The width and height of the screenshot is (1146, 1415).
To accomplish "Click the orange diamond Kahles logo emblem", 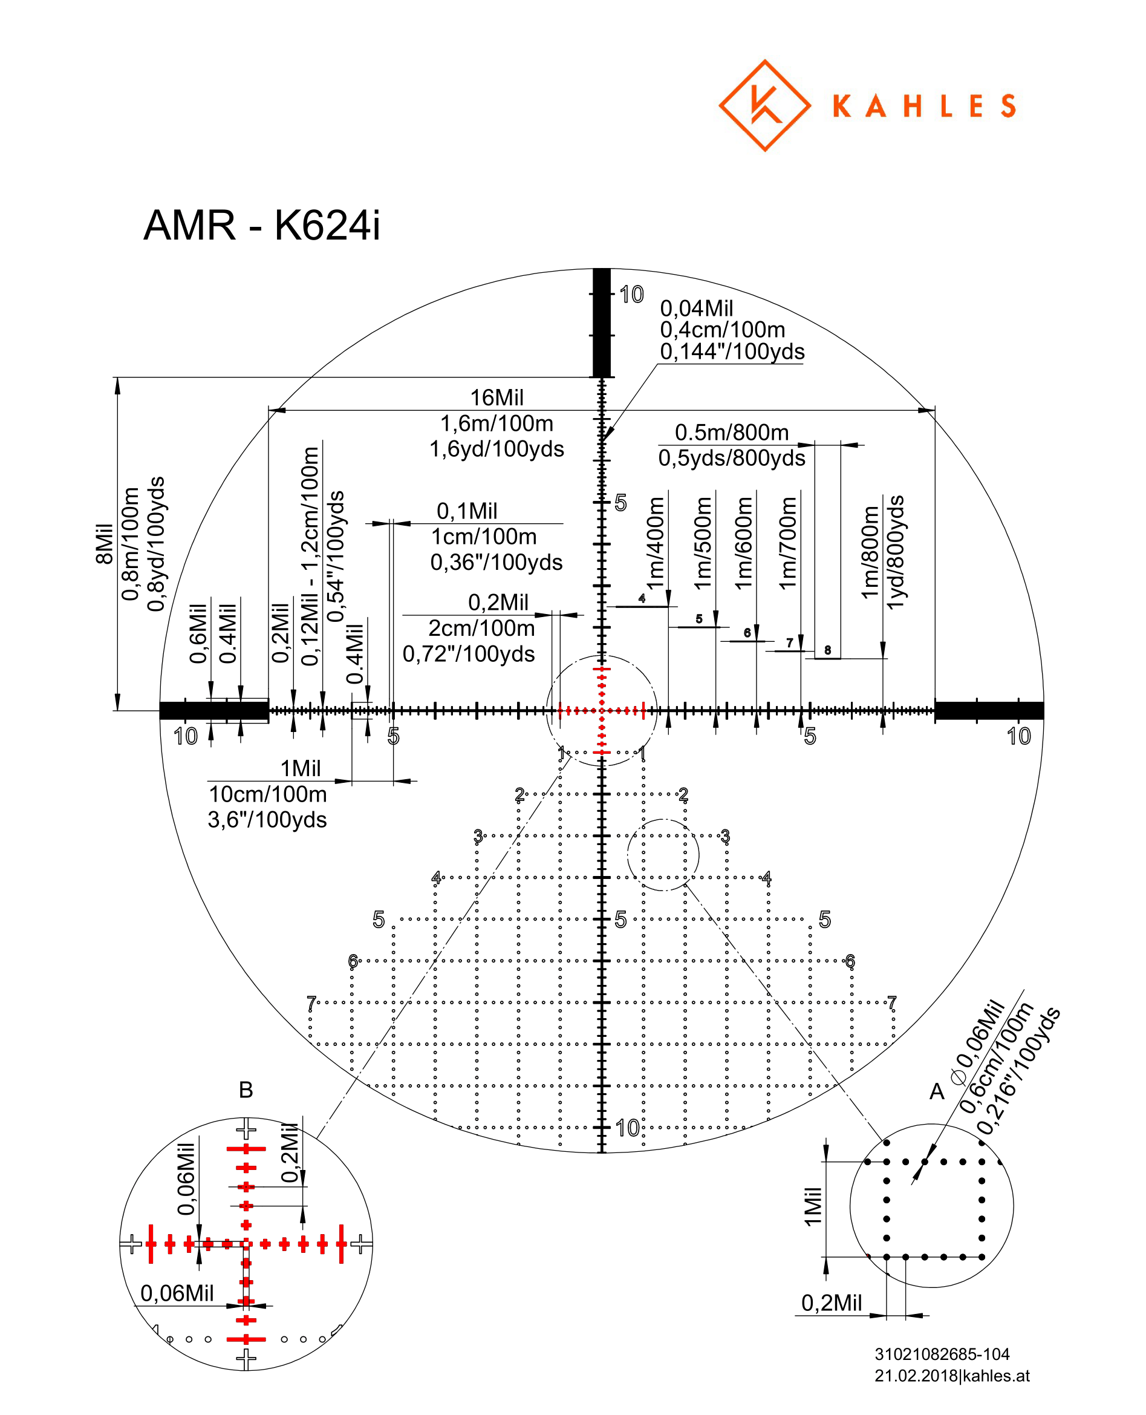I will click(764, 106).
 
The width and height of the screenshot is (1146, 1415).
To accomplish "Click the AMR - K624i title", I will click(261, 226).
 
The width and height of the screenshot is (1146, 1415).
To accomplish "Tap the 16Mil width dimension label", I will click(496, 397).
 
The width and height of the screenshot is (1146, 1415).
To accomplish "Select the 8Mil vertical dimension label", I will click(104, 543).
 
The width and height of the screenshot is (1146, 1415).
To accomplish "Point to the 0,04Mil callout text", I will click(697, 309).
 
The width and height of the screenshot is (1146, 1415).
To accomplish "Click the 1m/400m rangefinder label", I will click(655, 543).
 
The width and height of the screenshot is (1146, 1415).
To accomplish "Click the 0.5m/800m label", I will click(731, 433).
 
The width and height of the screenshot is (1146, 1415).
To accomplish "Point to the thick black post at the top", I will click(601, 323).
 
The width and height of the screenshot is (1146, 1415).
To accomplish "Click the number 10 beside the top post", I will click(631, 295).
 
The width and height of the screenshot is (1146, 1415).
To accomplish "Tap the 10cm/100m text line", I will click(267, 794).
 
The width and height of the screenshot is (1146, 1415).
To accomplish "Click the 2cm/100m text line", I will click(481, 628).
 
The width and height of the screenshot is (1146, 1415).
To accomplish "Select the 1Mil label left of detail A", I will click(813, 1206).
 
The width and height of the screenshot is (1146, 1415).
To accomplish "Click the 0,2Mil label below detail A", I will click(831, 1302).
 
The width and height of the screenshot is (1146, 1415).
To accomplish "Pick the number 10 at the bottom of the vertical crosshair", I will click(627, 1127).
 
